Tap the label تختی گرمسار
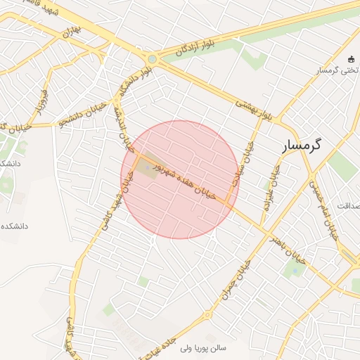click(335, 70)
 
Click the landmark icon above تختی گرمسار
click(352, 58)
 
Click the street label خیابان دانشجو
click(82, 113)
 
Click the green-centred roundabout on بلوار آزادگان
click(153, 60)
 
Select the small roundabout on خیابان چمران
click(209, 313)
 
